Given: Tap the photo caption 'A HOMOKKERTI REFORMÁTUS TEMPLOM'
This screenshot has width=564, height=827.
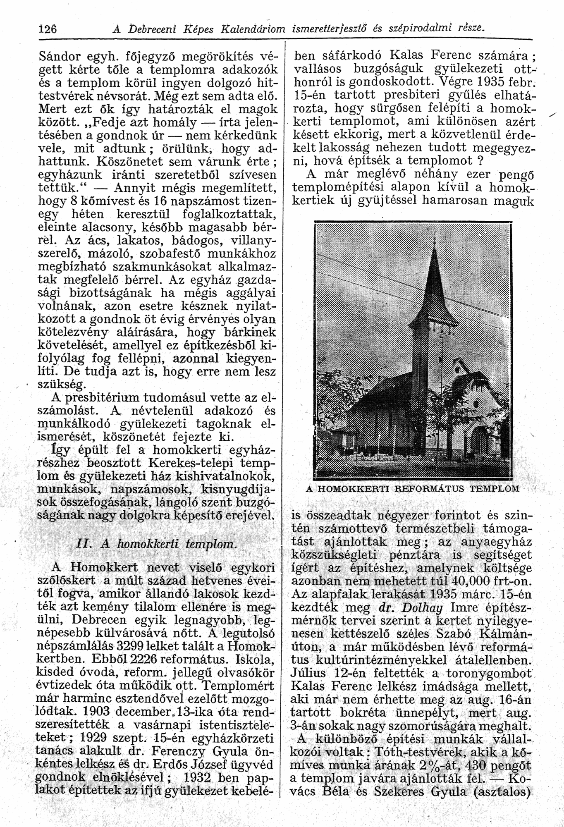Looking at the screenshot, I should point(412,488).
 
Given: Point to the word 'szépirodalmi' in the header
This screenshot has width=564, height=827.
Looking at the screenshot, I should point(421,28).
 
